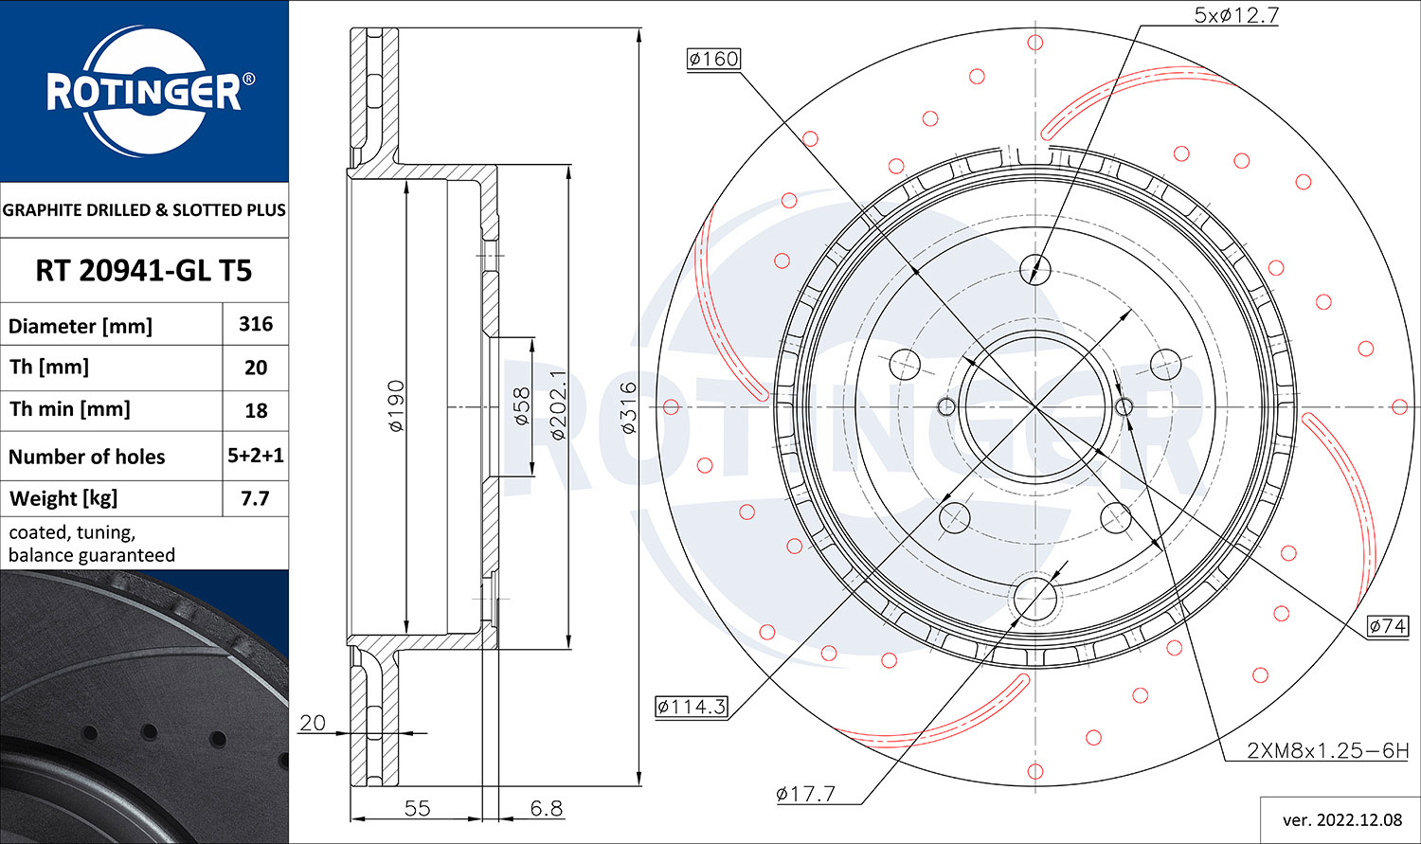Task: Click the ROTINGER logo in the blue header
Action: (x=145, y=91)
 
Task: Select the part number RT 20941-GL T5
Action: (x=144, y=271)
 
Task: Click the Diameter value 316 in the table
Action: (x=256, y=324)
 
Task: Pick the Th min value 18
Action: (x=256, y=410)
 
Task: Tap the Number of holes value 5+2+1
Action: (x=256, y=456)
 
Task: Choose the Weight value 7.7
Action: (x=255, y=498)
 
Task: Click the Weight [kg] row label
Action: (x=63, y=499)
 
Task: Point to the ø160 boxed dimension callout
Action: (x=713, y=59)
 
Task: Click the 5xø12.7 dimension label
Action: (x=1236, y=15)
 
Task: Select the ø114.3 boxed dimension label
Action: (x=691, y=707)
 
